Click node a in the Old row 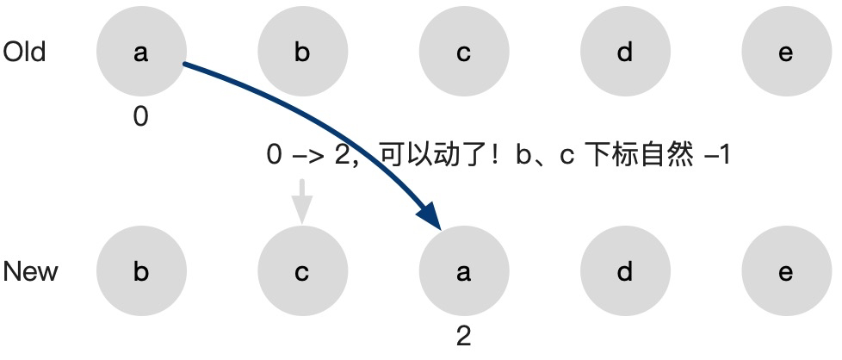(141, 53)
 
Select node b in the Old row (302, 53)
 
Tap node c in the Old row (463, 53)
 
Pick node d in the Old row (624, 53)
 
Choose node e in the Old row (785, 53)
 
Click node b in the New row (141, 272)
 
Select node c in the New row (302, 272)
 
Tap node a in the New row (463, 272)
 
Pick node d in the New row (624, 272)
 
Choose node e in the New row (785, 272)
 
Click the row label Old (25, 53)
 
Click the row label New (31, 272)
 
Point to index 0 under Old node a (141, 117)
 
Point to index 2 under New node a (463, 336)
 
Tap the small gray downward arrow (301, 203)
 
